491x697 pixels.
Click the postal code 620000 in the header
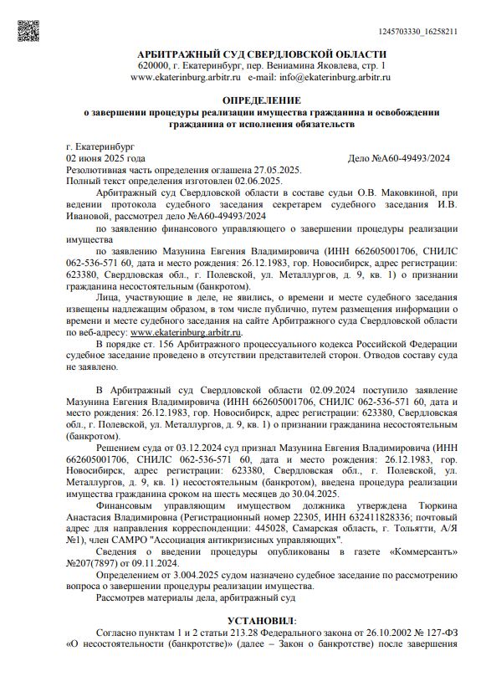tap(155, 65)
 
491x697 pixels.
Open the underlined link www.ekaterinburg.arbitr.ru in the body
tap(189, 332)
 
